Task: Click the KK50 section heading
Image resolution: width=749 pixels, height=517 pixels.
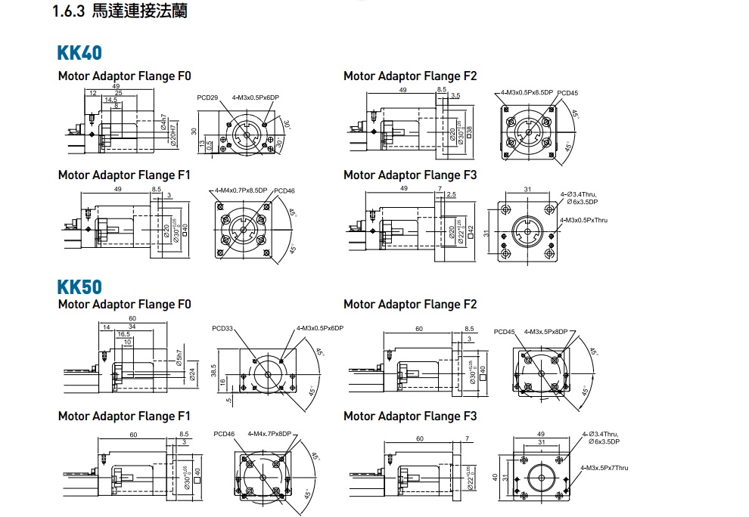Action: click(79, 287)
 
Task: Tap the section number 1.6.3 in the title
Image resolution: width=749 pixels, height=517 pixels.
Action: click(70, 12)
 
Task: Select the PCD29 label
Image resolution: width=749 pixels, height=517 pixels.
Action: click(207, 98)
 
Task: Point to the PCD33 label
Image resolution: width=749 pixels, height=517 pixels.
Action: click(223, 329)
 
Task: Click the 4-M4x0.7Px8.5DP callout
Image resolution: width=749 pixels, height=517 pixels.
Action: click(241, 190)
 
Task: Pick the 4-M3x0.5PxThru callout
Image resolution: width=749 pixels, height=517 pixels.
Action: click(584, 220)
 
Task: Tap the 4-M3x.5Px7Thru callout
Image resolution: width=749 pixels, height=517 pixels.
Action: click(604, 468)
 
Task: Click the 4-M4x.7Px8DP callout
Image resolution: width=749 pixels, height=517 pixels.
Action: click(269, 434)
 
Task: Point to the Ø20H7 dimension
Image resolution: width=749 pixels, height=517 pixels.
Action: click(175, 133)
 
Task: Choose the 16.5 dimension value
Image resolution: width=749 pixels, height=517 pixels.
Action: click(124, 333)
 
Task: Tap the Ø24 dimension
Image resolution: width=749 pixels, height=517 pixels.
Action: click(191, 373)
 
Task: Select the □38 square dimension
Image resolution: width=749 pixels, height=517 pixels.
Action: click(470, 132)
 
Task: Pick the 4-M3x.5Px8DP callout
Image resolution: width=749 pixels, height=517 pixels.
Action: click(545, 332)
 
